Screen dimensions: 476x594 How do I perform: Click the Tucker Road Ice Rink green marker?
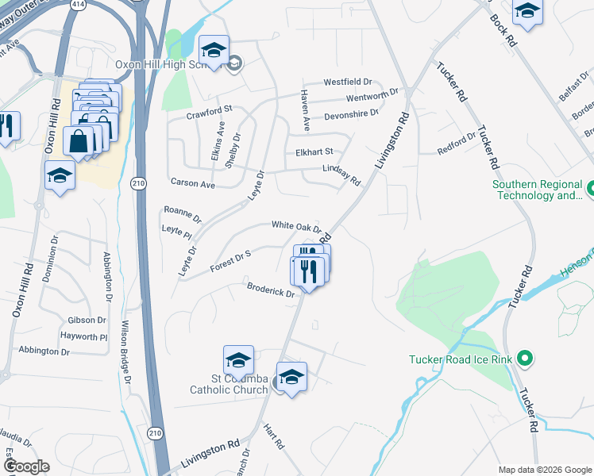[x=524, y=359]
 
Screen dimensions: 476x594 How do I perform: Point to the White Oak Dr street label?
[x=296, y=226]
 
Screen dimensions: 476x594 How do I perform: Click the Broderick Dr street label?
[x=271, y=290]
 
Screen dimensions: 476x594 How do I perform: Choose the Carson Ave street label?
[x=193, y=183]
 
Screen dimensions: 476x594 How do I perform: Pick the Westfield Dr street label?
[x=353, y=82]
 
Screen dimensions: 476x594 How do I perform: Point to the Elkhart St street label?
[x=313, y=152]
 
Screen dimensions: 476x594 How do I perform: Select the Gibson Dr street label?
[x=87, y=321]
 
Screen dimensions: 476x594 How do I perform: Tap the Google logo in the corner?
[x=27, y=466]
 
